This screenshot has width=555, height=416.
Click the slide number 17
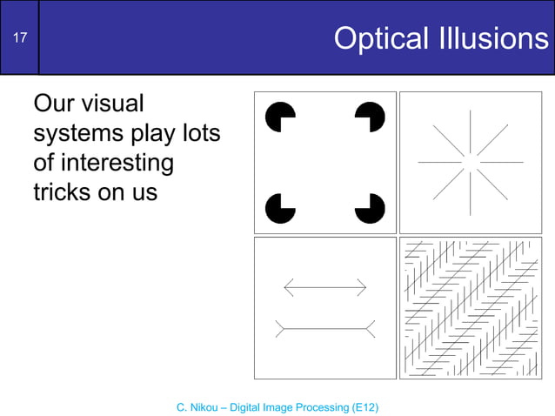pyautogui.click(x=19, y=37)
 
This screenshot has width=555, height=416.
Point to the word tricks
pyautogui.click(x=61, y=191)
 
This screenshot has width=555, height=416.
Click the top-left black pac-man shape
pyautogui.click(x=282, y=117)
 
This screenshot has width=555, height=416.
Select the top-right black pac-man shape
pyautogui.click(x=370, y=117)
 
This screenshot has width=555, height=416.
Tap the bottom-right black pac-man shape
pyautogui.click(x=370, y=208)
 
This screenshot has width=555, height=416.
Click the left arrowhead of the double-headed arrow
pyautogui.click(x=288, y=286)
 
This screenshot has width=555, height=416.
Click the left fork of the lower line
pyautogui.click(x=280, y=328)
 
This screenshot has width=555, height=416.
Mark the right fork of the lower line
pyautogui.click(x=371, y=328)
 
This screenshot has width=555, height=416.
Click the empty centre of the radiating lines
pyautogui.click(x=470, y=162)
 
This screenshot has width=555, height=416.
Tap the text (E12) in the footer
pyautogui.click(x=363, y=406)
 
